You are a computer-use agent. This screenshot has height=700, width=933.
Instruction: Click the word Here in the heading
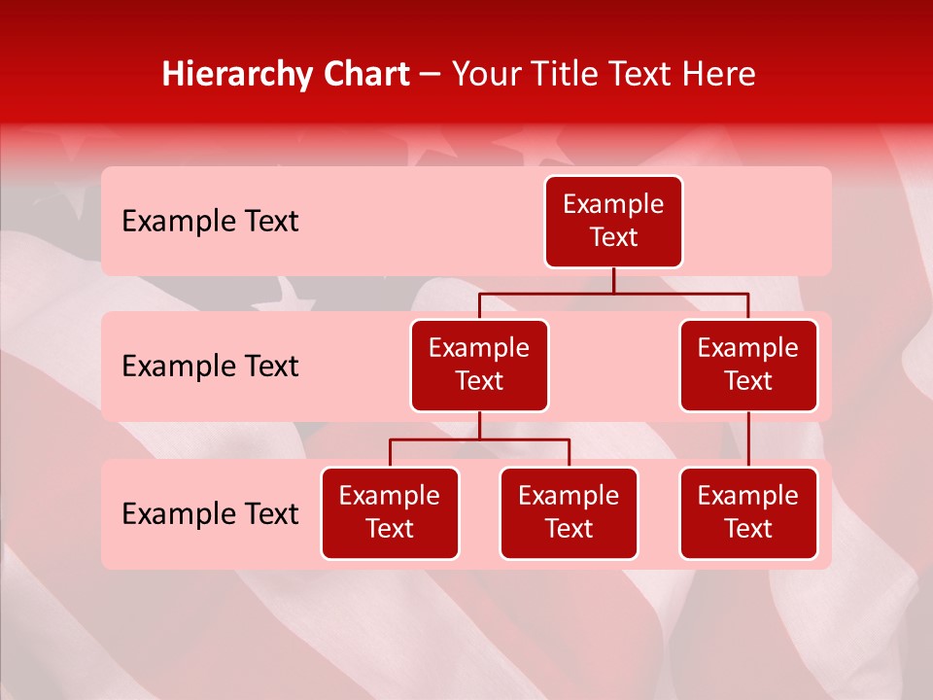click(x=719, y=75)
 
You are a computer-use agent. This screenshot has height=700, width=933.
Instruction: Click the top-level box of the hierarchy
click(x=613, y=222)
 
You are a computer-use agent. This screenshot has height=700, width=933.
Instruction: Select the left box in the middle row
click(x=479, y=366)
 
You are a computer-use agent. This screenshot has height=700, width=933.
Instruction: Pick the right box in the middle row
click(x=748, y=366)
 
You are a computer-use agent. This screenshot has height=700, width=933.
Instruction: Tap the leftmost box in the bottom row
click(x=390, y=513)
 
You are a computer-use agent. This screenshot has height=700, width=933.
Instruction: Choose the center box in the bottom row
click(x=569, y=513)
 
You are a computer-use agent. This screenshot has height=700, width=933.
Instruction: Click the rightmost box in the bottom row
click(x=748, y=513)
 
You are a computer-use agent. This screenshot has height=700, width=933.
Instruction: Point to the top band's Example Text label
click(x=210, y=222)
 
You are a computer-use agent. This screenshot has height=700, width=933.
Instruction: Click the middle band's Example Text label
click(x=210, y=367)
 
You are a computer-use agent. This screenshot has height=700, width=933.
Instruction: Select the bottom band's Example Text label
click(x=210, y=514)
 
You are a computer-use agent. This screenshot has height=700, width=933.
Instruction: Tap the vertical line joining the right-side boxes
click(x=748, y=439)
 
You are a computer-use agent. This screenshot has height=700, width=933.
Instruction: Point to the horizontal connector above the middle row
click(x=613, y=293)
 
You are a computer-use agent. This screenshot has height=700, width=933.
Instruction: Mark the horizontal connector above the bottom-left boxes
click(x=479, y=439)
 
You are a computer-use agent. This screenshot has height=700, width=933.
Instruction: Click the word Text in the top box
click(x=613, y=238)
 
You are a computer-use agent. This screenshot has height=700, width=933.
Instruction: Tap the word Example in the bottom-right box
click(x=748, y=497)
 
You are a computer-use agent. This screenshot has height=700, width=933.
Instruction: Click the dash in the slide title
click(x=431, y=75)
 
